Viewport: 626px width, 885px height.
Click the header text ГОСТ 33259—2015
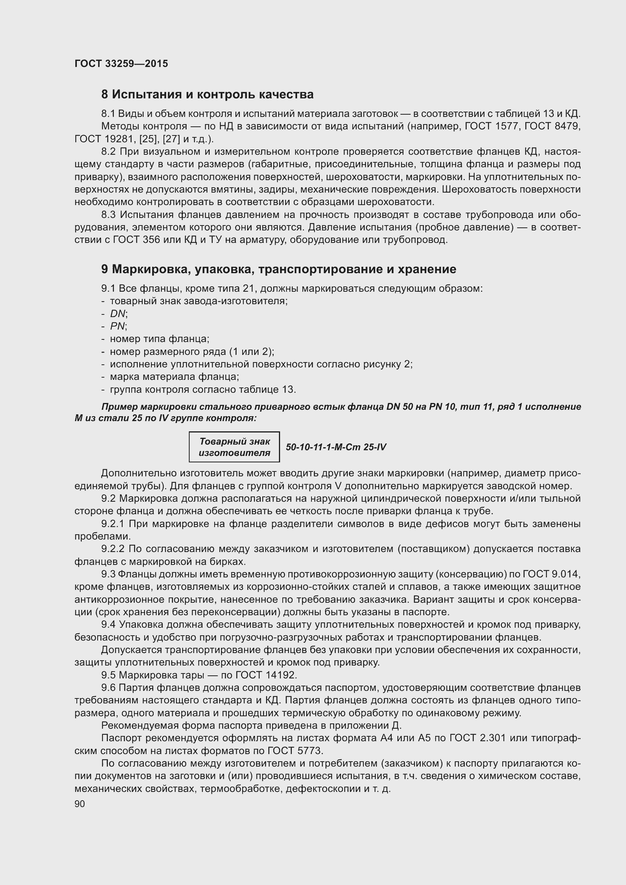click(x=121, y=64)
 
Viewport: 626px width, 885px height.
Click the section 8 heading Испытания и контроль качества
click(x=207, y=95)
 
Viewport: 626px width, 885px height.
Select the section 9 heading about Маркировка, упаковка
click(x=278, y=269)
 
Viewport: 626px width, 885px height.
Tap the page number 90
click(x=80, y=804)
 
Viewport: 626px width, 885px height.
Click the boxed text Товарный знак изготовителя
click(x=234, y=447)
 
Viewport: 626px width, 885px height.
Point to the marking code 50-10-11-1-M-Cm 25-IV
click(x=336, y=447)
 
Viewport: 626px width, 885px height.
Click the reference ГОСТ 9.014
click(x=551, y=574)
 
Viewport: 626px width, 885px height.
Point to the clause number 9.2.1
click(x=113, y=524)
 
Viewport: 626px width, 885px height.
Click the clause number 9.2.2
click(x=113, y=549)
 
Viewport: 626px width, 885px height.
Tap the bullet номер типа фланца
click(x=159, y=339)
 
